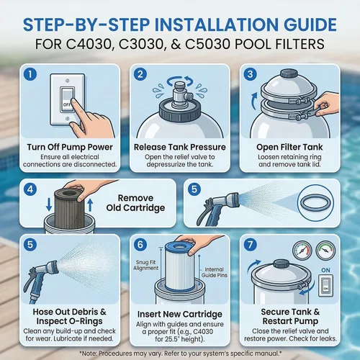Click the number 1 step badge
(x=30, y=74)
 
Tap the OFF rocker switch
(x=67, y=99)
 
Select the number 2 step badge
(x=140, y=74)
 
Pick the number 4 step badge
(x=30, y=189)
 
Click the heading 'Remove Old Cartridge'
(x=135, y=203)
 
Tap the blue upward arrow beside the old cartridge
(x=90, y=205)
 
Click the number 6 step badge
(x=140, y=245)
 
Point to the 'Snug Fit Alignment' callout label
(x=146, y=265)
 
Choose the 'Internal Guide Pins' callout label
(x=215, y=272)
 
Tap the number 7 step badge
(x=251, y=245)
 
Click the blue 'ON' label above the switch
(x=325, y=270)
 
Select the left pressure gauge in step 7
(x=302, y=251)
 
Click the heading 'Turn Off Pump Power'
(x=70, y=147)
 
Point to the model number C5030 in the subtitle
(x=207, y=44)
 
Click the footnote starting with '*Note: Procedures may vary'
(x=180, y=354)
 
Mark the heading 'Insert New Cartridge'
(x=180, y=314)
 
